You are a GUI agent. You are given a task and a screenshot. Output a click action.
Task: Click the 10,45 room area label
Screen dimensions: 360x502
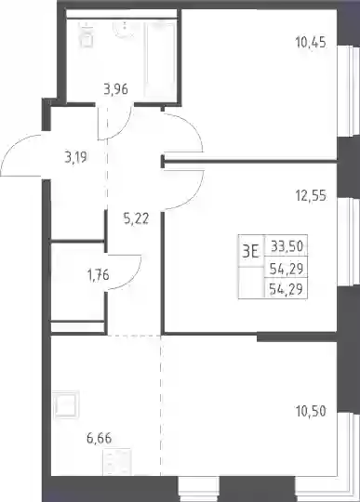[x=311, y=42]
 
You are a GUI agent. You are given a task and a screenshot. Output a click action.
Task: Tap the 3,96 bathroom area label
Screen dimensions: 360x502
[x=115, y=89]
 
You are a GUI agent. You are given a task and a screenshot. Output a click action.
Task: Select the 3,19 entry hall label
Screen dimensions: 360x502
[x=76, y=157]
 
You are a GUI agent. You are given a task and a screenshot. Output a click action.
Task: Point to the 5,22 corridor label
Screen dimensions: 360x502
[x=136, y=219]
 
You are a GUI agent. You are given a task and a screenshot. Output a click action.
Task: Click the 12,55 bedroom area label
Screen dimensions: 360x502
[x=311, y=195]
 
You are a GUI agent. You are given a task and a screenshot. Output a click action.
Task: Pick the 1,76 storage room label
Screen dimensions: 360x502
[x=99, y=275]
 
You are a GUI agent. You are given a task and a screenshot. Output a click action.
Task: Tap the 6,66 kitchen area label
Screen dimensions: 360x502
[x=100, y=438]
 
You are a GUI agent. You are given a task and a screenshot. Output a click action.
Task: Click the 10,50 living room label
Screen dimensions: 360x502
[x=311, y=411]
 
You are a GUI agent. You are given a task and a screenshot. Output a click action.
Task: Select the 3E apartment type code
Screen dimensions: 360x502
[x=250, y=252]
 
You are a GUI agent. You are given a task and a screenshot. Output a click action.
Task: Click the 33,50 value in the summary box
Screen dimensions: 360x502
[x=287, y=246]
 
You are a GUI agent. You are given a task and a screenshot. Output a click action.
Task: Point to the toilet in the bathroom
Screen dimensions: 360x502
[x=87, y=35]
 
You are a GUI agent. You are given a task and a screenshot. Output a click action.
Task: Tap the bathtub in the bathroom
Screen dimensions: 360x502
[x=160, y=59]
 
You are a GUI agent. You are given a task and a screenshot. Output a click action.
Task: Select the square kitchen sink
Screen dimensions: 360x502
[x=66, y=405]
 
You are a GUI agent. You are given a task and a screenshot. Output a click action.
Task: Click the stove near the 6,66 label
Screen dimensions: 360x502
[x=117, y=462]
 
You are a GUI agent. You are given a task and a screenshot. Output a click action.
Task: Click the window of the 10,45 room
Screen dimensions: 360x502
[x=349, y=91]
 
